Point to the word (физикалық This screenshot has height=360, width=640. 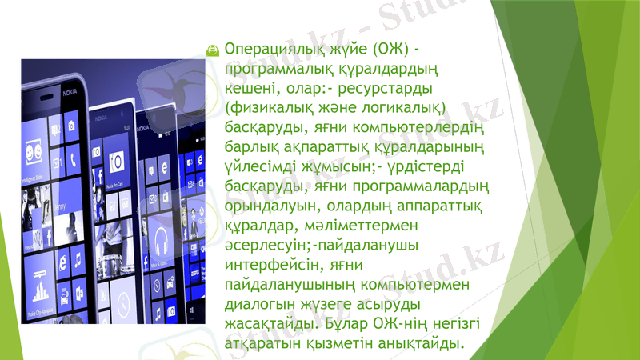269,107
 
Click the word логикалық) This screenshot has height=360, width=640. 404,107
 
